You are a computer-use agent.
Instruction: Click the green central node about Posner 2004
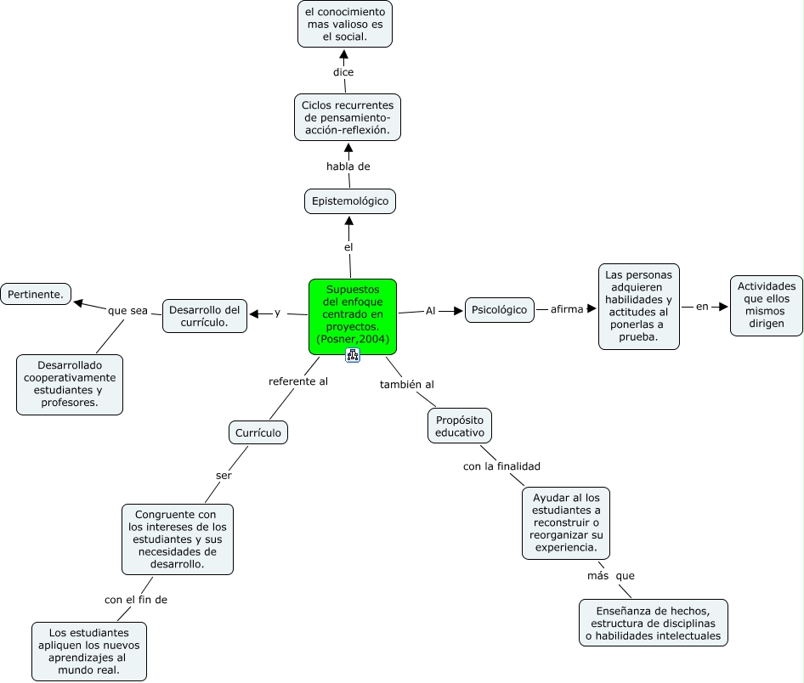point(353,317)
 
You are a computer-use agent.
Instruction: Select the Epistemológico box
point(350,200)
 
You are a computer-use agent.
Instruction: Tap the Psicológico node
point(500,310)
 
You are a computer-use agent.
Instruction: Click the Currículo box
point(258,433)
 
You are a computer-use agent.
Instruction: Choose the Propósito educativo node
point(460,426)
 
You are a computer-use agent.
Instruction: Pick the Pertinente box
point(36,294)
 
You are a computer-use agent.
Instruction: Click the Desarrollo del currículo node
point(205,316)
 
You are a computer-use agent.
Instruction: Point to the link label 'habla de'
point(348,167)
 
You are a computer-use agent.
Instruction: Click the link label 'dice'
point(343,72)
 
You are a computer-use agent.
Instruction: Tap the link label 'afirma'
point(567,309)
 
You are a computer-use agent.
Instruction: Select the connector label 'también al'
point(407,384)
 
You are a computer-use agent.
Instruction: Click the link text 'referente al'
point(298,381)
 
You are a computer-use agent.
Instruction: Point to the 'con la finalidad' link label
point(501,466)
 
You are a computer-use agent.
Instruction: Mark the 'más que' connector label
point(611,576)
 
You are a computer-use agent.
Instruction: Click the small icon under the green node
point(353,355)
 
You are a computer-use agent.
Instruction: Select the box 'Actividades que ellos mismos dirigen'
point(767,305)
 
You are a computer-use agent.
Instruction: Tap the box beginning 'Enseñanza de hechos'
point(654,623)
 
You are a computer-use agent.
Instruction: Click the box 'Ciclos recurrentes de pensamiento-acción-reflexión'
point(348,117)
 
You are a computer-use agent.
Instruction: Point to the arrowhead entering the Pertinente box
point(78,302)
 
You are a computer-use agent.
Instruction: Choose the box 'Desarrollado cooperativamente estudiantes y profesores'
point(70,384)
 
